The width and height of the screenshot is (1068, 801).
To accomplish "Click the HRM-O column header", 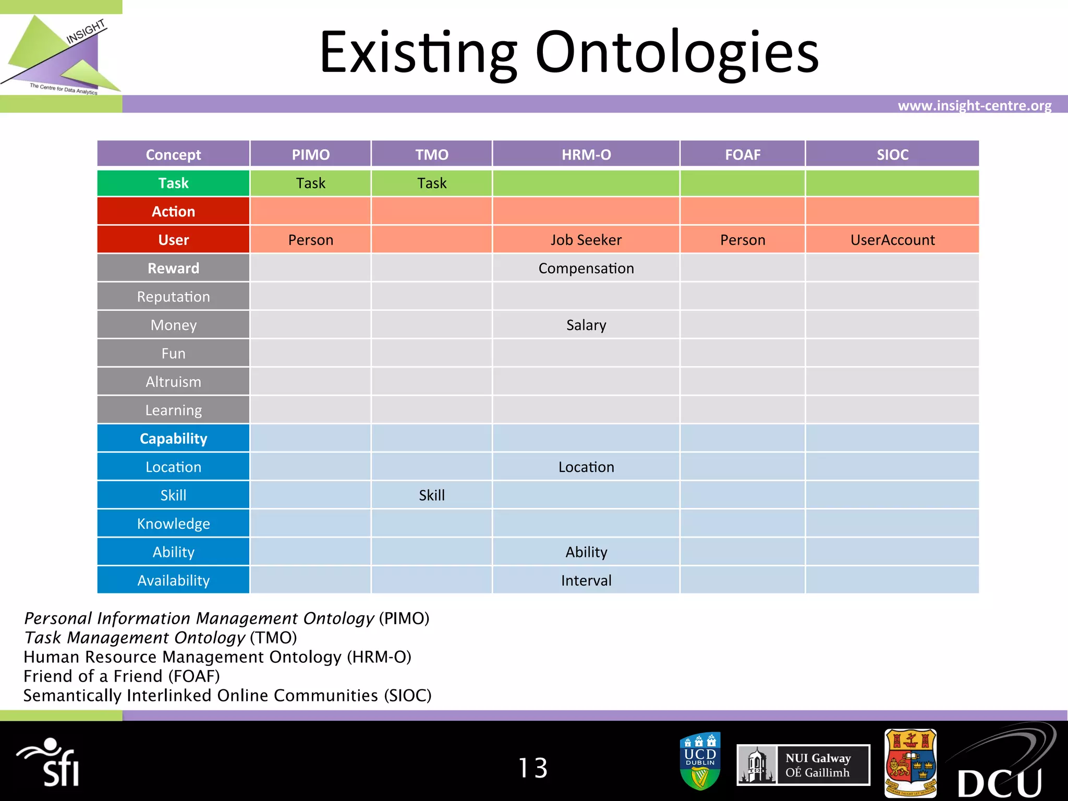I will [x=586, y=154].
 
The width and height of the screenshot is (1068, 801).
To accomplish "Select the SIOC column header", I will [x=892, y=154].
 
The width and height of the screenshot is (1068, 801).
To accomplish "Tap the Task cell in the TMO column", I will [x=432, y=183].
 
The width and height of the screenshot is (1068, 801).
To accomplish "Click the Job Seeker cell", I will [x=586, y=240].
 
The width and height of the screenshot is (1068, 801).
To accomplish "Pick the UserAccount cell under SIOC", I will [x=892, y=240].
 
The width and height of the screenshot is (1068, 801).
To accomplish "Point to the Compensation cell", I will [x=586, y=268].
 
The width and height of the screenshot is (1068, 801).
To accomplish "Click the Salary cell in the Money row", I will [x=586, y=325].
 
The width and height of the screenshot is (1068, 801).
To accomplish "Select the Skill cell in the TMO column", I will [x=432, y=495].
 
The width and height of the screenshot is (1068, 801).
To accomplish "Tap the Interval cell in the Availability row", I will [x=586, y=580].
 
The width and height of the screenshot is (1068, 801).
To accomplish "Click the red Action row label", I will [x=173, y=211].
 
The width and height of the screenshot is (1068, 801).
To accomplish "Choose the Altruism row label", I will [x=173, y=382].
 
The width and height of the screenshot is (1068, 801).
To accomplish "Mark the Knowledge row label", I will [x=173, y=524].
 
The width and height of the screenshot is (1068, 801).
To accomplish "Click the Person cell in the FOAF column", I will [x=743, y=240].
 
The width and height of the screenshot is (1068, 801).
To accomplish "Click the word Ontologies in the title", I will [x=677, y=52].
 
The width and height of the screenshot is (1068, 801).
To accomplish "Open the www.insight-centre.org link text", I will [x=974, y=106].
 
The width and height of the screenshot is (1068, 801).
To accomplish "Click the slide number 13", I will [x=533, y=768].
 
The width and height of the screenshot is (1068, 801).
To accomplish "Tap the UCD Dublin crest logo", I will [x=700, y=761].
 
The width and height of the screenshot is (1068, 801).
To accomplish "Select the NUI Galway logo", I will [x=803, y=765].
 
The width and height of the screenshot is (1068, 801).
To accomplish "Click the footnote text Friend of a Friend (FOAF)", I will [x=122, y=676].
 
